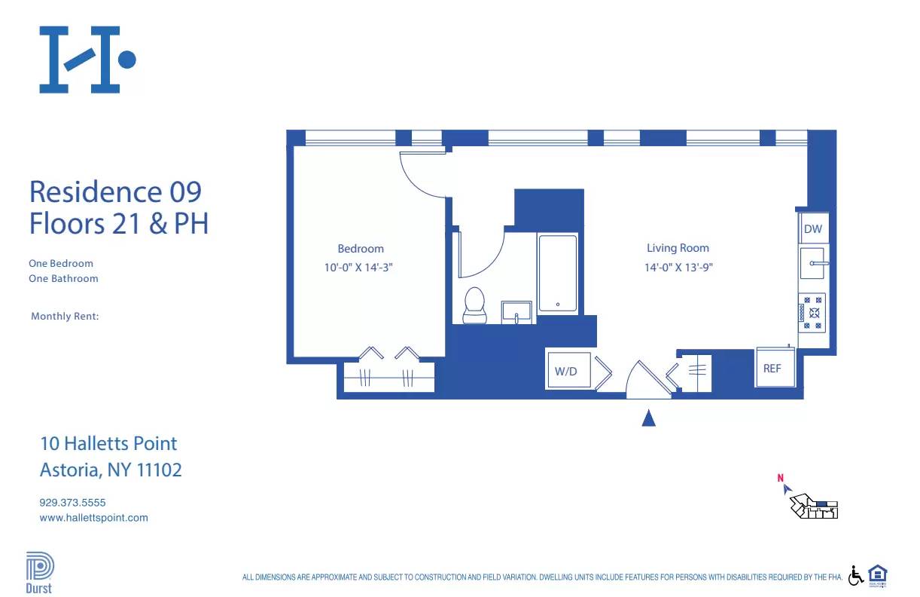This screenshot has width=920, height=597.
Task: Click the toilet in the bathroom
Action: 474,306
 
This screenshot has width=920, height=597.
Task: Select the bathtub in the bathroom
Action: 558,274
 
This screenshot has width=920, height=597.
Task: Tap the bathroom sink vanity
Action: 516,312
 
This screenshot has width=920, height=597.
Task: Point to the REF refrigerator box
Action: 773,368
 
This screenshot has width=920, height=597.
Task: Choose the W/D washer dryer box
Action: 567,370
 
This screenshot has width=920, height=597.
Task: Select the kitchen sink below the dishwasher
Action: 813,263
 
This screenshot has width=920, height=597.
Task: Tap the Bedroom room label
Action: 361,249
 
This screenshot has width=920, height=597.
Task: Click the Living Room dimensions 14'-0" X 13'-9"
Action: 678,267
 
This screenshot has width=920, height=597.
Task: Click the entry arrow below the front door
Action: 648,418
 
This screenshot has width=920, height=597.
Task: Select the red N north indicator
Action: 781,477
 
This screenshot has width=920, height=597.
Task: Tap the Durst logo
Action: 39,573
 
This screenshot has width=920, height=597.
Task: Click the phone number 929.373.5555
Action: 72,502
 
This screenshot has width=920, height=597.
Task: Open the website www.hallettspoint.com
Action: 93,518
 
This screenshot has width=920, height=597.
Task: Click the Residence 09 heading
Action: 115,191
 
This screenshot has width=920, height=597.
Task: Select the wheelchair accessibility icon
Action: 856,576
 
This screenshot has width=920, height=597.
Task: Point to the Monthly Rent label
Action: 65,317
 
